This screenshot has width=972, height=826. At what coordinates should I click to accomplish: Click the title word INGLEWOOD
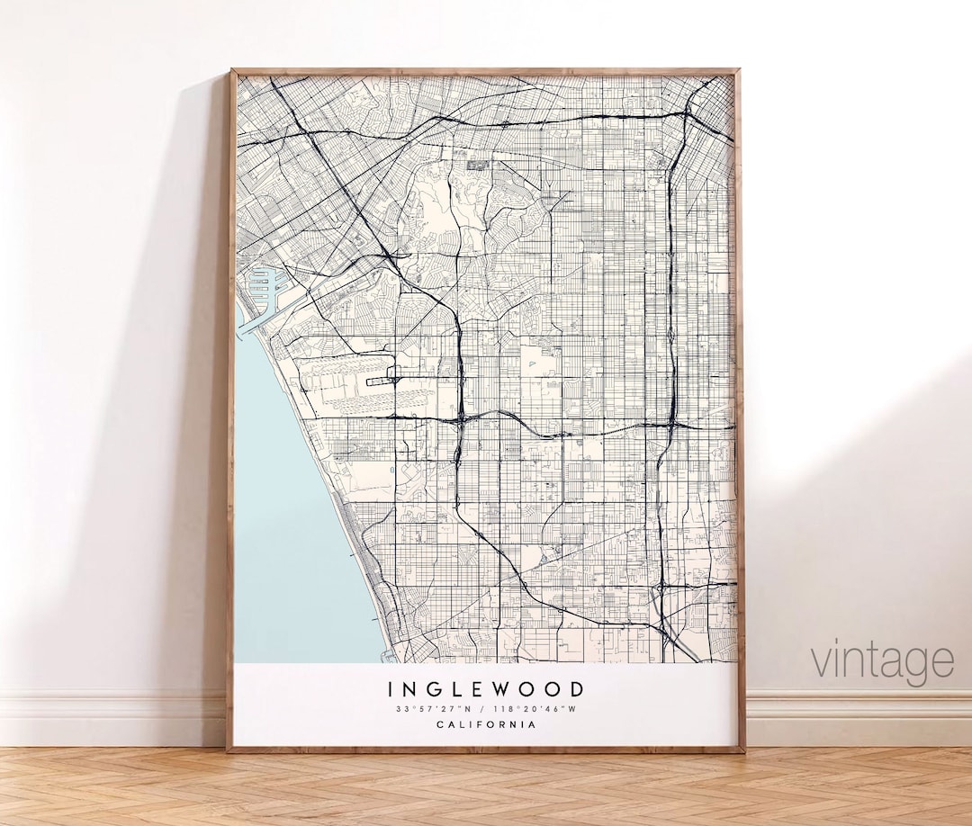pyautogui.click(x=486, y=690)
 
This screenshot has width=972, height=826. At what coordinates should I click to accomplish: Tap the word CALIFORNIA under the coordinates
pyautogui.click(x=486, y=724)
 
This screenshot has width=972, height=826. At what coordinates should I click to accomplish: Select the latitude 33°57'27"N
pyautogui.click(x=430, y=709)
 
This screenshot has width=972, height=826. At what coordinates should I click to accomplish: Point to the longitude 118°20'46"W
pyautogui.click(x=539, y=709)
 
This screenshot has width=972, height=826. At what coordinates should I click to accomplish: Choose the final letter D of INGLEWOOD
pyautogui.click(x=577, y=690)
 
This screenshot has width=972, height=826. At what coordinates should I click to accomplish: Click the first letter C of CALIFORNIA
pyautogui.click(x=440, y=724)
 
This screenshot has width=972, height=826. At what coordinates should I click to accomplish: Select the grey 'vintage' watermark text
pyautogui.click(x=882, y=661)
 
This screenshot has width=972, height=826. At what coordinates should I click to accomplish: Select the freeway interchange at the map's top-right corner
pyautogui.click(x=692, y=113)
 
